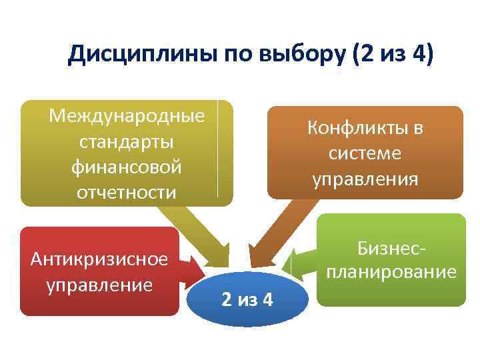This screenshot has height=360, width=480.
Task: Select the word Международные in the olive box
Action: (x=127, y=116)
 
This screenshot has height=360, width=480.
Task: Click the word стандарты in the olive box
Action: (x=127, y=142)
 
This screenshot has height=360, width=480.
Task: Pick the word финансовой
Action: (x=127, y=167)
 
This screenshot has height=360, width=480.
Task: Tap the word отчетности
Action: (x=127, y=193)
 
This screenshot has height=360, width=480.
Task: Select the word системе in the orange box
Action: (x=365, y=153)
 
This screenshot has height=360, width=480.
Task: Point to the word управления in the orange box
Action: (x=365, y=179)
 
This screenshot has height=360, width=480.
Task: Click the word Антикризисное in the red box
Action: (x=99, y=259)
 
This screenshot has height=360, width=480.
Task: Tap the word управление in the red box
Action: (x=99, y=285)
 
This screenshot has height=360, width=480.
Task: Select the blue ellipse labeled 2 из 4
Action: (x=247, y=299)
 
